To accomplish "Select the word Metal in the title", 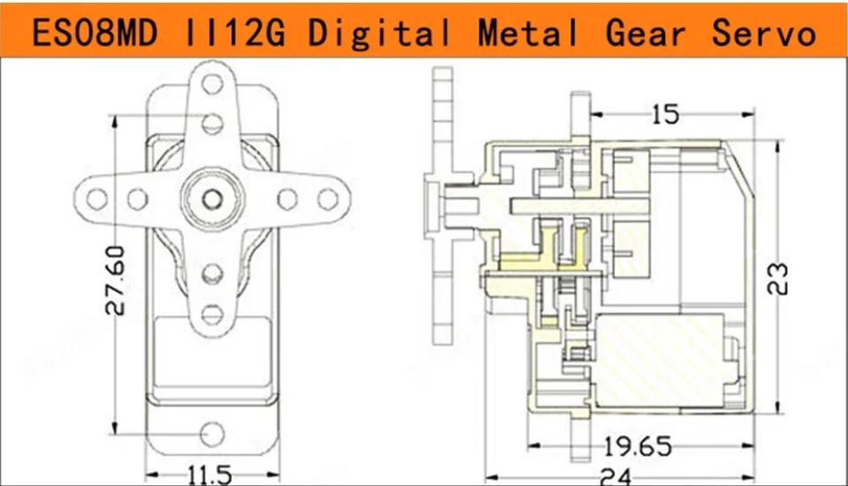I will point(529,33).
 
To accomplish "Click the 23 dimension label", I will point(778,277).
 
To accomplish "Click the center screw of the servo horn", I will point(211,197).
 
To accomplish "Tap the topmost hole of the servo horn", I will point(211,85).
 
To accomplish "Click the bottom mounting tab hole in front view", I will point(211,434).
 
